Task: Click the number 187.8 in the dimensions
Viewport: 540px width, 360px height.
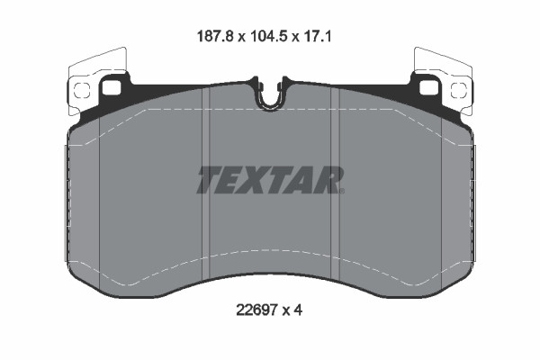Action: [x=215, y=38]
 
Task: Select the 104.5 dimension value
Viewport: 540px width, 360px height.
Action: [x=269, y=38]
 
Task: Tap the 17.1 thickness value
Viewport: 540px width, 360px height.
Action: [x=321, y=38]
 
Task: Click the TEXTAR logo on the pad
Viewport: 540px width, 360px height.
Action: [x=269, y=180]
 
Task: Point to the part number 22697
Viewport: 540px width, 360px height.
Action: [x=254, y=310]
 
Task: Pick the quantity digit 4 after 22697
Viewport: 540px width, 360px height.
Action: [x=299, y=310]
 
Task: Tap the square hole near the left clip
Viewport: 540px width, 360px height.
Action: [x=112, y=88]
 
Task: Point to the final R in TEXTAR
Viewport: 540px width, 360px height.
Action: [x=329, y=180]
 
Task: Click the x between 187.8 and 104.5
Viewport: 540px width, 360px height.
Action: [x=241, y=39]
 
